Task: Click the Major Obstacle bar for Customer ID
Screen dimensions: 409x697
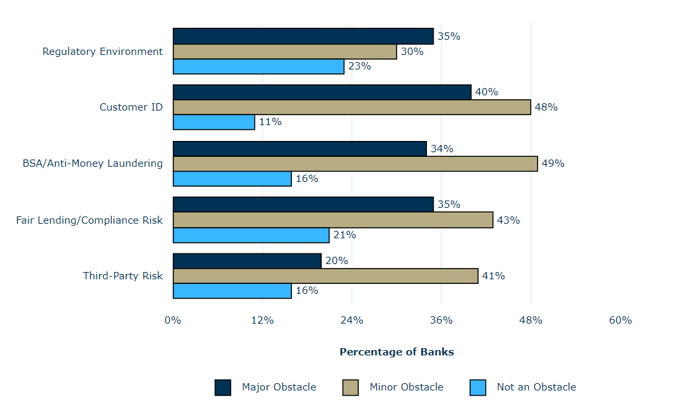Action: coord(322,92)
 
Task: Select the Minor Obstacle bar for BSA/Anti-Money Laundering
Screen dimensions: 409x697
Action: coord(355,163)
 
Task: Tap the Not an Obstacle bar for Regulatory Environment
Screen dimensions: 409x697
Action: coord(258,66)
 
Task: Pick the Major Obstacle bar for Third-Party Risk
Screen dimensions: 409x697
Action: coord(247,261)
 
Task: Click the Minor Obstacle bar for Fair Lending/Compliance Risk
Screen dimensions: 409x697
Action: coord(333,220)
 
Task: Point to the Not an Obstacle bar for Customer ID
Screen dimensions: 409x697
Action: coord(214,122)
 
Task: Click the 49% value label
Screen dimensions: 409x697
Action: coord(553,163)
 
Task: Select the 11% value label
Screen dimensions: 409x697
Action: coord(270,122)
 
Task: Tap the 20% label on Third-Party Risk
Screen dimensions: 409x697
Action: coord(336,261)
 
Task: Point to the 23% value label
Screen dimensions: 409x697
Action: coord(359,66)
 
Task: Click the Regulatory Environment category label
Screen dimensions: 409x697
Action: coord(103,52)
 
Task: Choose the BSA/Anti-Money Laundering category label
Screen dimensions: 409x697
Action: coord(93,163)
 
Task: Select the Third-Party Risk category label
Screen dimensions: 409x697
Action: coord(122,276)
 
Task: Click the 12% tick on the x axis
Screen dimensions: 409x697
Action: coord(262,320)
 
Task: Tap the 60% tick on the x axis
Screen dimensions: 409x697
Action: coord(620,320)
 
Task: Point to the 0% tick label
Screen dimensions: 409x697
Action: coord(173,320)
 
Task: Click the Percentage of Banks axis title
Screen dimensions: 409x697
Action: coord(396,352)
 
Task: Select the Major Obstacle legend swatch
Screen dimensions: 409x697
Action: coord(223,387)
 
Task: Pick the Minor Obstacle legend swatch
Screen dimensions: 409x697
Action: coord(350,387)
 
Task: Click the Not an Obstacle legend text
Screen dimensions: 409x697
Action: coord(536,387)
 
